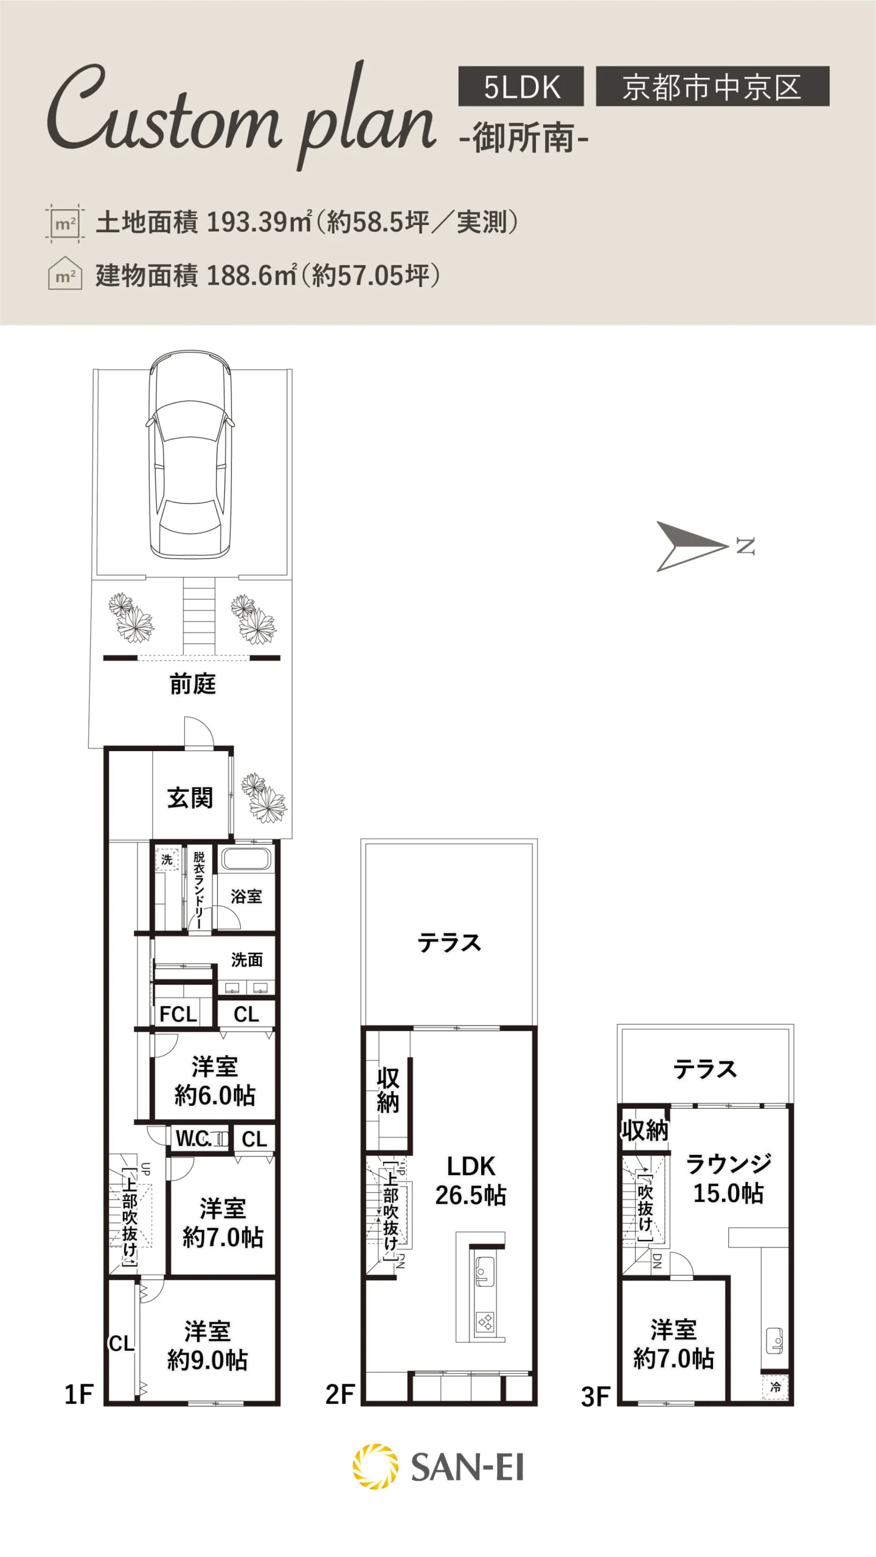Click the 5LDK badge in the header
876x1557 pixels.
521,86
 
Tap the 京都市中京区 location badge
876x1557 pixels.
712,86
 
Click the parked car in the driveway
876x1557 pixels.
190,454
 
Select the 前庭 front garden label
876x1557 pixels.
193,684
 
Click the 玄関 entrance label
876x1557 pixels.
190,798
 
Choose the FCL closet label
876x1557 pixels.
178,1014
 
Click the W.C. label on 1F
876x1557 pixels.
193,1139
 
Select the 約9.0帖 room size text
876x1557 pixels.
207,1361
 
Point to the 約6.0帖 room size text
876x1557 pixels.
215,1095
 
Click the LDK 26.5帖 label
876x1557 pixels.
471,1181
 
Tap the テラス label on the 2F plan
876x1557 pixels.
449,943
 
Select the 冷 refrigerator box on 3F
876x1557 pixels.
775,1387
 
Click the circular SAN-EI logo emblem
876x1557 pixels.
375,1466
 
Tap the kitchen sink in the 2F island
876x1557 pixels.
484,1270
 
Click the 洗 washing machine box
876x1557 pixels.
167,859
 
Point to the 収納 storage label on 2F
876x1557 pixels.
388,1091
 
